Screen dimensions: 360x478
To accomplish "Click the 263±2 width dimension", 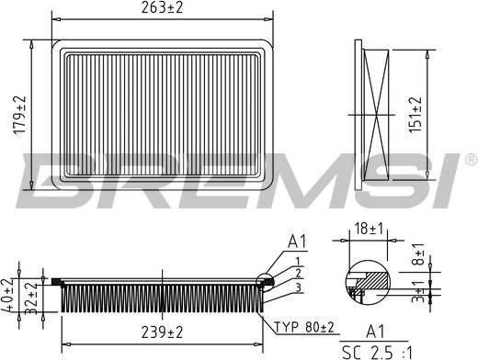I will click(x=164, y=9).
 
